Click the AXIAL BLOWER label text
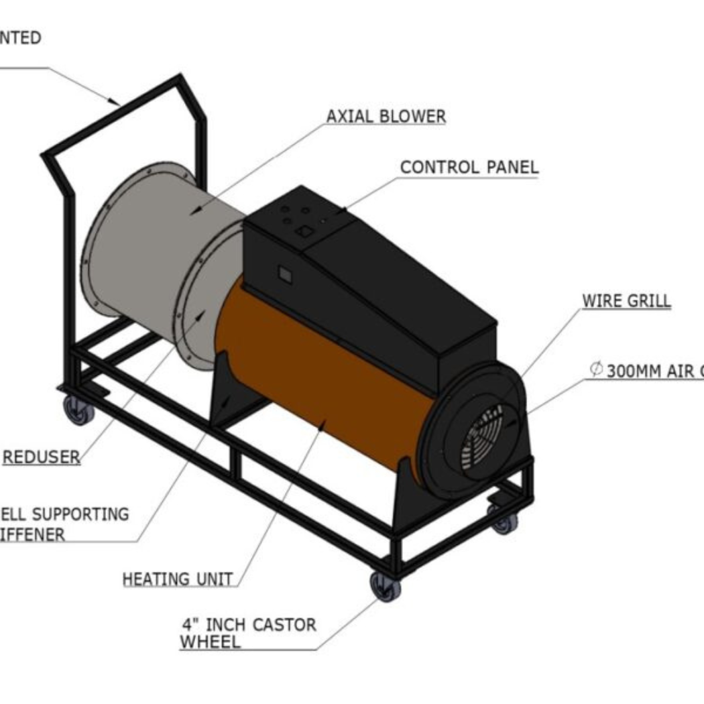click(x=386, y=116)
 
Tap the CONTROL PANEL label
click(x=469, y=167)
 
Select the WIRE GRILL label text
click(x=626, y=301)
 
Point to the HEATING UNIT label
click(x=178, y=579)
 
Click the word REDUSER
click(x=42, y=457)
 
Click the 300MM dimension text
click(x=634, y=371)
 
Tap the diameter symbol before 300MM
click(x=596, y=369)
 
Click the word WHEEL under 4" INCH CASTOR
click(x=210, y=642)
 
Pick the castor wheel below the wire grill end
click(x=504, y=521)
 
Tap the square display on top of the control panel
click(x=304, y=231)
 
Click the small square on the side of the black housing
click(x=284, y=273)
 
